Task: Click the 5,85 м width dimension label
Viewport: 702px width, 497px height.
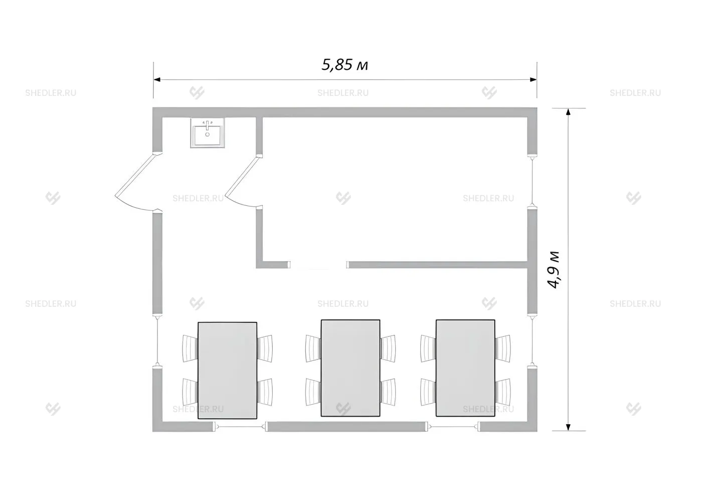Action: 345,65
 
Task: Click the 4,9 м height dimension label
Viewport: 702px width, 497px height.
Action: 553,270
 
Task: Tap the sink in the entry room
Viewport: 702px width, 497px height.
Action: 208,133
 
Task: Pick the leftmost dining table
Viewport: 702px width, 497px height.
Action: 227,370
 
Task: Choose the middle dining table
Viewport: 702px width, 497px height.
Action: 350,368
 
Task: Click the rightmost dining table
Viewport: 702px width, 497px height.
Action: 465,368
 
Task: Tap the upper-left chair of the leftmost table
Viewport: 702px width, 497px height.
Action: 190,348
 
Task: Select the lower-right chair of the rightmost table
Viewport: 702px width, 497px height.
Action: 503,392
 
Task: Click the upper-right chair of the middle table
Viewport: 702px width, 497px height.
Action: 388,348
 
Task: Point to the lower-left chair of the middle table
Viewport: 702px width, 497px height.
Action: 313,392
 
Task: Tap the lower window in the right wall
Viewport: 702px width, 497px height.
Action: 532,340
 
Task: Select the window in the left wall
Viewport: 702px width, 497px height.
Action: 157,340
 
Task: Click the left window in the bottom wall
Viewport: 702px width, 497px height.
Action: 240,427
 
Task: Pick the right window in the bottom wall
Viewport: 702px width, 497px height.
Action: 453,427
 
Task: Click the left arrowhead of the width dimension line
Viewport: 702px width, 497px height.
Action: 157,79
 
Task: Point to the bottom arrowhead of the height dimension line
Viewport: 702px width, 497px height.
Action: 568,427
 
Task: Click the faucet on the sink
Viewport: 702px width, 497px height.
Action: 207,125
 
